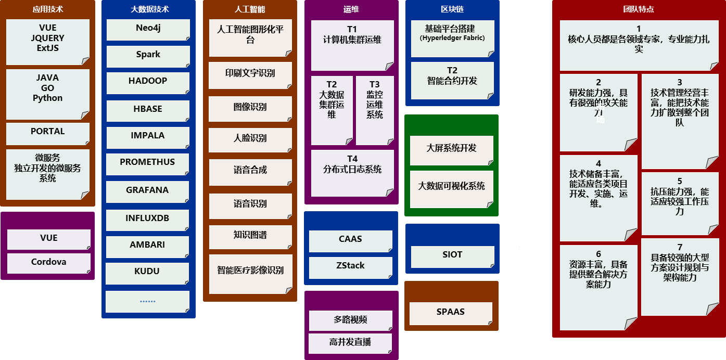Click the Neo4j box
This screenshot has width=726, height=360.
coord(148,29)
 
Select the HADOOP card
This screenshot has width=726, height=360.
coord(148,82)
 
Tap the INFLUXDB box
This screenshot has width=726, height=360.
coord(148,218)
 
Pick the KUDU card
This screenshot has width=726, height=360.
coord(148,272)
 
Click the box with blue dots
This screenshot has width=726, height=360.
coord(148,301)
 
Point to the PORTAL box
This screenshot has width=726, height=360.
coord(47,133)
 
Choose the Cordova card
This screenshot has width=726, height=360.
coord(48,263)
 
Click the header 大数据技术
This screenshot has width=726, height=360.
coord(149,9)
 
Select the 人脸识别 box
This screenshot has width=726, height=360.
coord(250,139)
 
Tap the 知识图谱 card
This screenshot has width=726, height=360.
coord(250,236)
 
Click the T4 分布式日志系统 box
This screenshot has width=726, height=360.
coord(352,172)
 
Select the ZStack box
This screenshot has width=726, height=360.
coord(350,266)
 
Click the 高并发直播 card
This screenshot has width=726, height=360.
coord(350,343)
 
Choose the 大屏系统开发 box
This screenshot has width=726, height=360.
coord(451,149)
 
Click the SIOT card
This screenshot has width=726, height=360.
coord(452,255)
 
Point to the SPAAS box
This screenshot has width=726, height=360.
coord(450,313)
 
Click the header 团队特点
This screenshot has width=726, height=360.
coord(638,9)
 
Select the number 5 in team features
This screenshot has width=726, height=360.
coord(680,182)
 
